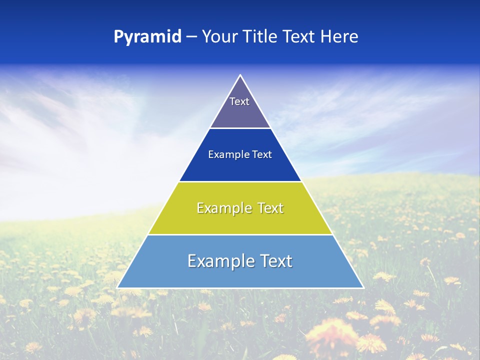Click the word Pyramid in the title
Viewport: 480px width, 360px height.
tap(147, 37)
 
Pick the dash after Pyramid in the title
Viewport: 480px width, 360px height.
tap(191, 37)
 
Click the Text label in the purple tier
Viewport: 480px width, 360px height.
tap(239, 101)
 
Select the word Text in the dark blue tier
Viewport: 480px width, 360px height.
tap(262, 154)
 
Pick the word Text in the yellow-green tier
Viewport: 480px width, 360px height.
tap(271, 208)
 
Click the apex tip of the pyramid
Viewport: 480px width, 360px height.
tap(240, 75)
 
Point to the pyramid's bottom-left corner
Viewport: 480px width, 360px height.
tap(118, 287)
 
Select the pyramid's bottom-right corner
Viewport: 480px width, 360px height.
tap(362, 287)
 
